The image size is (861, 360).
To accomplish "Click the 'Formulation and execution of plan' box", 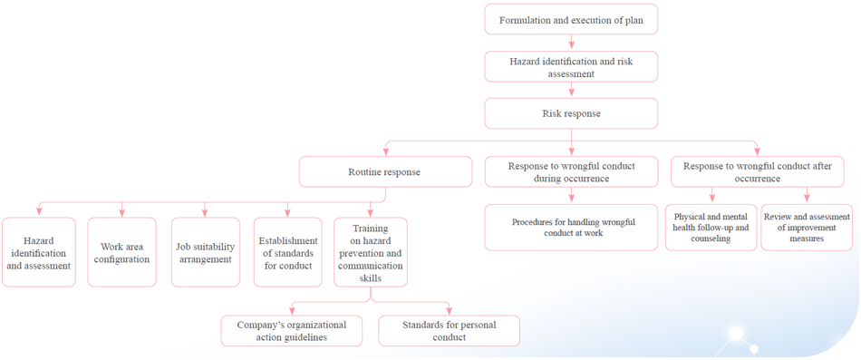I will click(571, 20).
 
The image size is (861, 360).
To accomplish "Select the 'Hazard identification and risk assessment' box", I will click(571, 67).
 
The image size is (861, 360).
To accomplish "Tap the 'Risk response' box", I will click(571, 114).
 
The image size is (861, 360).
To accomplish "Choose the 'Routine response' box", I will click(385, 172).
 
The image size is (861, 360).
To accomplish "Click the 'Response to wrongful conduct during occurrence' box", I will click(571, 172).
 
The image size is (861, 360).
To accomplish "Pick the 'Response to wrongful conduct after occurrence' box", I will click(758, 172).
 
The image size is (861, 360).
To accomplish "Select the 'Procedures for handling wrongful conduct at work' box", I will click(571, 228).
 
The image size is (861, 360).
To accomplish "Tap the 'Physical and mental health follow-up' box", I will click(711, 228).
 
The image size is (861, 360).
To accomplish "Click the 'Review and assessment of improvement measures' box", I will click(807, 228).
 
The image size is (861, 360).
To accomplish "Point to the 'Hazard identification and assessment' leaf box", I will click(39, 253).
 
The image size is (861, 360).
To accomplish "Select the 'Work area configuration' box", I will click(122, 253).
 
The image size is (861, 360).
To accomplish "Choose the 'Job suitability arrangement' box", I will click(206, 253).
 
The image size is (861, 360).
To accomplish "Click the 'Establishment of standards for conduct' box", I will click(288, 253).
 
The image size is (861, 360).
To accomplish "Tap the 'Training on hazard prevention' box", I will click(371, 253).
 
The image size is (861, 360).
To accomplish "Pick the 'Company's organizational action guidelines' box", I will click(292, 331).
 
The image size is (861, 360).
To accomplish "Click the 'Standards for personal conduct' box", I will click(450, 331).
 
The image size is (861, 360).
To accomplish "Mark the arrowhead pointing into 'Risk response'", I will click(571, 94).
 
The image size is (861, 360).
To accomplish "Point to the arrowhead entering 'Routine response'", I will click(386, 152).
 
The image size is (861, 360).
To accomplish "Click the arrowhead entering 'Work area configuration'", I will click(122, 213).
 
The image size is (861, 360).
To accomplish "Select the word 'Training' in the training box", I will click(371, 229).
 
